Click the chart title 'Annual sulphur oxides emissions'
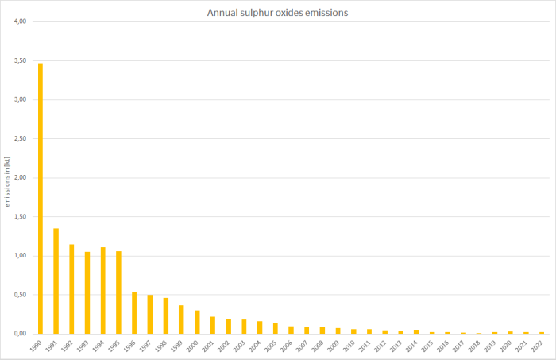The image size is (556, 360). [x=278, y=13]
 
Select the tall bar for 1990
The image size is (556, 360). [x=41, y=199]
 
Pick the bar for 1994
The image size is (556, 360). [x=102, y=290]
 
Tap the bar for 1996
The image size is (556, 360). [x=134, y=312]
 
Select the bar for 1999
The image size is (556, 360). [x=181, y=319]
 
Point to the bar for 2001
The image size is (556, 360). [x=213, y=325]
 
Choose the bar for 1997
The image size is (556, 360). [x=150, y=314]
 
